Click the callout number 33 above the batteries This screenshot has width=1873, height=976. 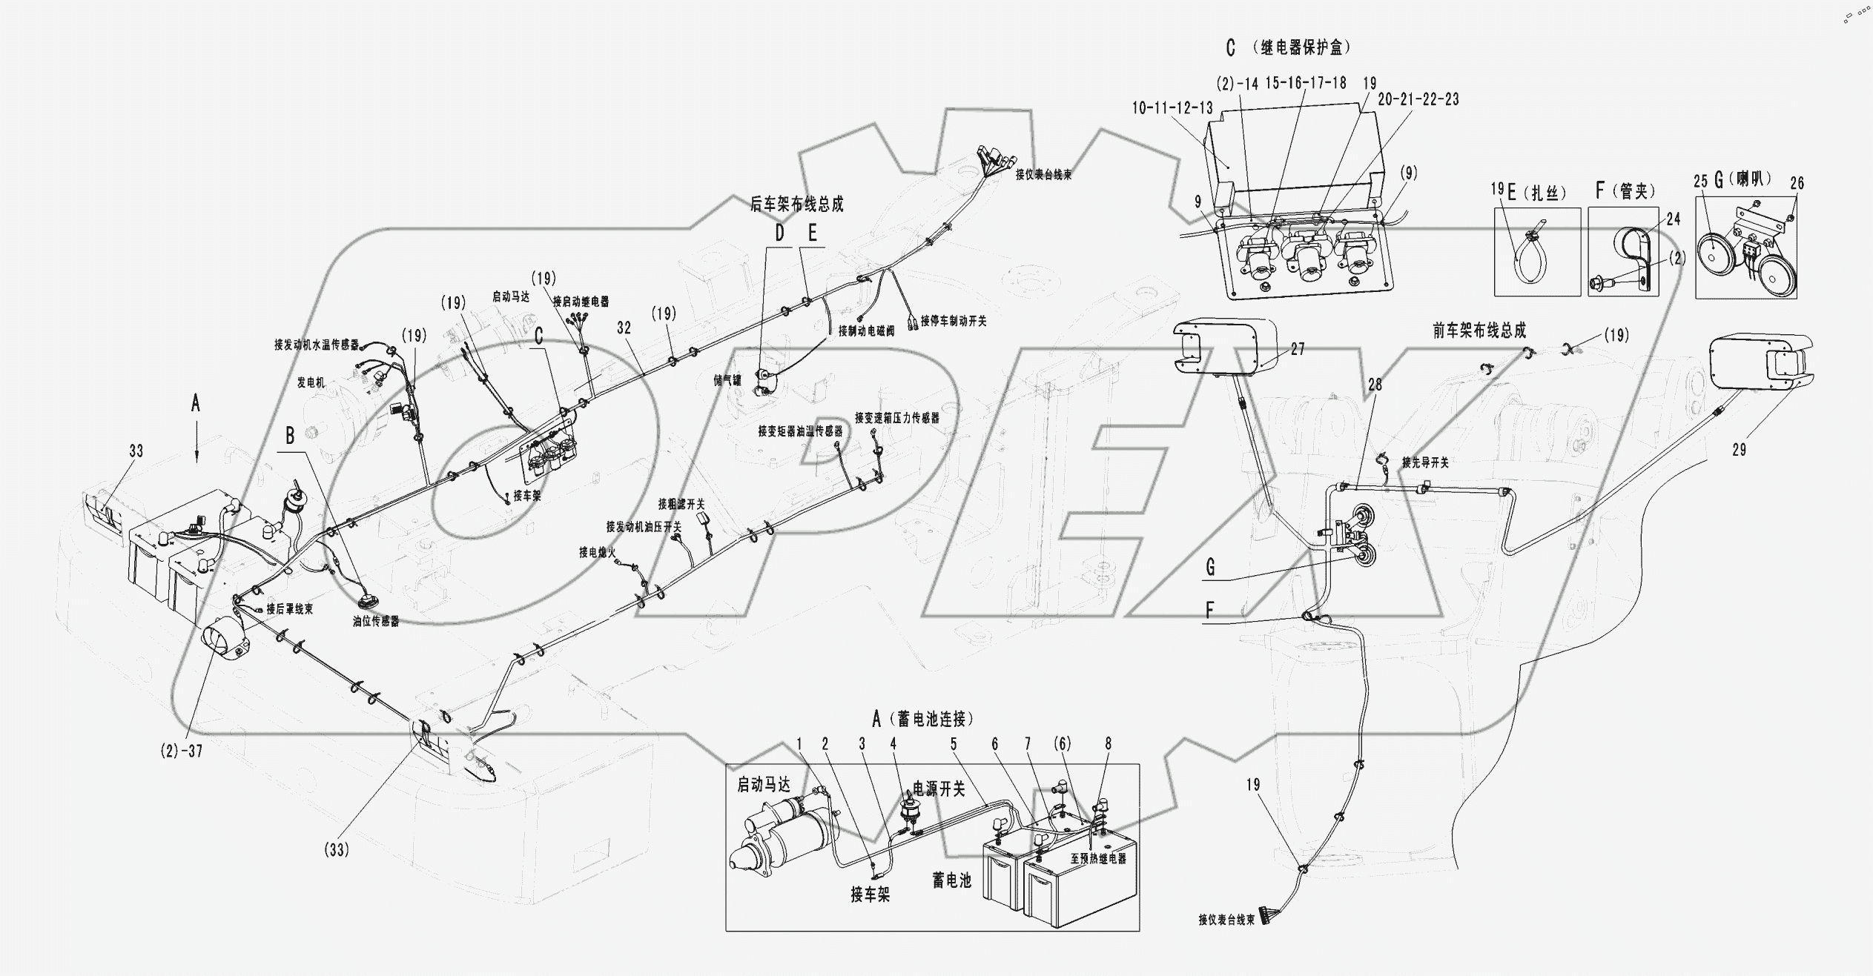pyautogui.click(x=136, y=451)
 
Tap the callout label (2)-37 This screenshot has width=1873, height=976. pyautogui.click(x=181, y=751)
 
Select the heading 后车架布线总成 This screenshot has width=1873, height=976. pyautogui.click(x=796, y=205)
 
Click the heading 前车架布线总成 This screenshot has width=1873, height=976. pyautogui.click(x=1479, y=331)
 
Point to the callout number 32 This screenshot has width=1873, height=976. pyautogui.click(x=624, y=328)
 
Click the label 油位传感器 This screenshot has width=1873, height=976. pyautogui.click(x=376, y=622)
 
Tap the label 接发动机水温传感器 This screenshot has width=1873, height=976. pyautogui.click(x=317, y=345)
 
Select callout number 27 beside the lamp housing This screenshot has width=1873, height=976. pyautogui.click(x=1297, y=349)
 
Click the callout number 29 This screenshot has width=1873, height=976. pyautogui.click(x=1739, y=450)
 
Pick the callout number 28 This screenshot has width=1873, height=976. pyautogui.click(x=1375, y=385)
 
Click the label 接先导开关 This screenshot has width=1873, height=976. pyautogui.click(x=1424, y=462)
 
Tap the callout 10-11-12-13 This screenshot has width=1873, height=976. pyautogui.click(x=1172, y=108)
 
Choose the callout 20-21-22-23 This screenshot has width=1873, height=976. pyautogui.click(x=1418, y=99)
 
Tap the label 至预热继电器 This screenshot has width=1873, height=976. pyautogui.click(x=1098, y=859)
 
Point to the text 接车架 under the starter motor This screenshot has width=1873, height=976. pyautogui.click(x=870, y=894)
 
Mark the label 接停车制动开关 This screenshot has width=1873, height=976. pyautogui.click(x=954, y=322)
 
